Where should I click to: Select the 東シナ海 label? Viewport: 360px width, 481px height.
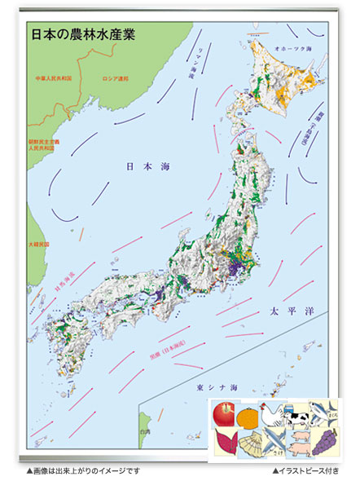213,386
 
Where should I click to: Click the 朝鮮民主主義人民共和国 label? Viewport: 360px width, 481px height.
41,145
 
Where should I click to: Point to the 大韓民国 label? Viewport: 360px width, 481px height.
38,243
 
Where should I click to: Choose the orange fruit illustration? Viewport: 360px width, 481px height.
248,417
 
